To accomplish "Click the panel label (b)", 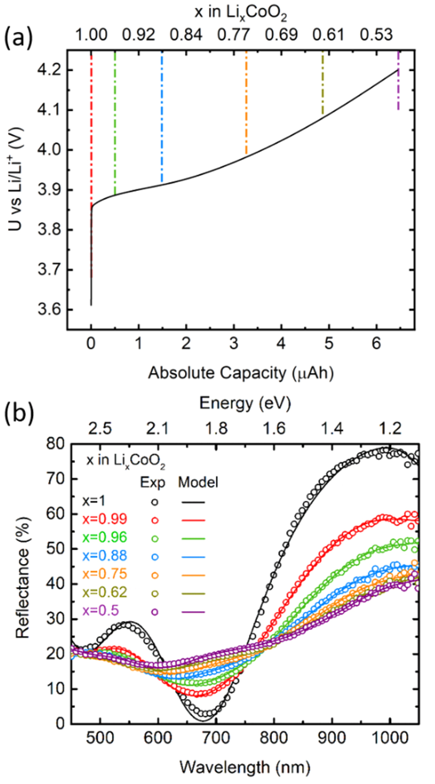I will click(18, 413).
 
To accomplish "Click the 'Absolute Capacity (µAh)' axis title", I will click(241, 373).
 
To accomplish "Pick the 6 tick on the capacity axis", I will click(376, 344).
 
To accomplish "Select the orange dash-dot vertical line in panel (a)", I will click(246, 104).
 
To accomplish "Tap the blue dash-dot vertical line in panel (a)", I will click(162, 117).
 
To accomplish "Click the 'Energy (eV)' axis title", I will click(245, 403).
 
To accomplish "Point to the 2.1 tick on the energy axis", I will click(157, 429).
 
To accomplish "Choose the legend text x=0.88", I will click(104, 556).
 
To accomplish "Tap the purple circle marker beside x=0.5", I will click(154, 611).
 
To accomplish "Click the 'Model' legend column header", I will click(198, 482).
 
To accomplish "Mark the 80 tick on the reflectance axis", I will click(56, 444).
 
